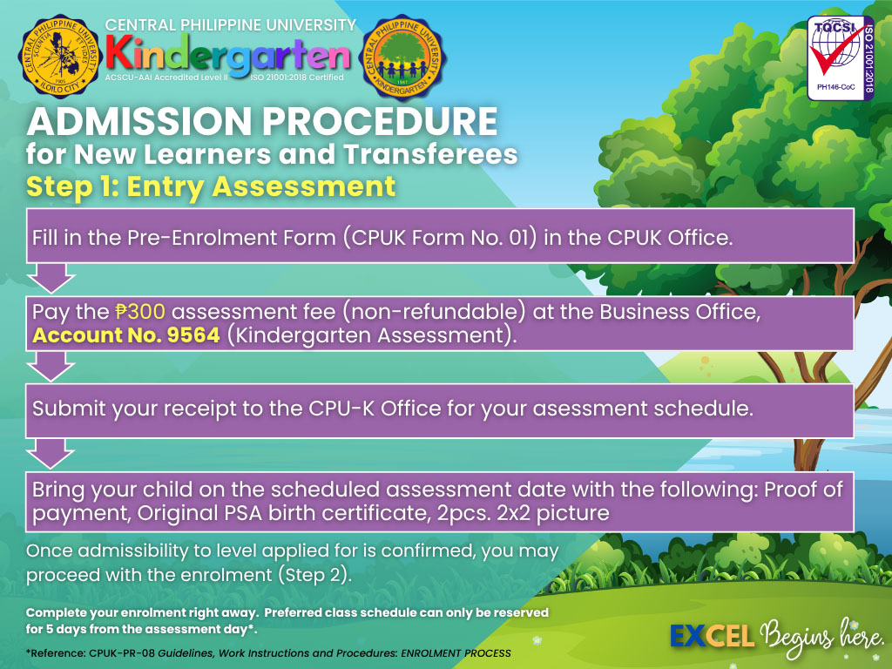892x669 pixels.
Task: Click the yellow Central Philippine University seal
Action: pos(60,57)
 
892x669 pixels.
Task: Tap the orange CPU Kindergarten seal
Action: pos(402,57)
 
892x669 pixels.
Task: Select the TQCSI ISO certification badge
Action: pos(841,58)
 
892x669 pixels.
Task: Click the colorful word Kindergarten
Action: pos(228,54)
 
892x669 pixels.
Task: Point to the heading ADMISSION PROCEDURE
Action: pos(262,121)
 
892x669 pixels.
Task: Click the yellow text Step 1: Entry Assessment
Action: pos(211,186)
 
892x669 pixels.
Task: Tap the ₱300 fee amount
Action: pos(140,312)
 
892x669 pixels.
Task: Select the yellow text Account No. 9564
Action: pos(126,335)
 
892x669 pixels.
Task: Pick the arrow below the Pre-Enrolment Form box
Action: pos(51,278)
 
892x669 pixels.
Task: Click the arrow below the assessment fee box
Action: pos(51,366)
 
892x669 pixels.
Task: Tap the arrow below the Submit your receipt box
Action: pos(51,453)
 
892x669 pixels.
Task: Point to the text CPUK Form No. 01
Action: pos(440,238)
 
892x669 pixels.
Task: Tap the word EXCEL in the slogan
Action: pos(713,636)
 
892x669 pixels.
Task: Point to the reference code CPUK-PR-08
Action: pos(122,653)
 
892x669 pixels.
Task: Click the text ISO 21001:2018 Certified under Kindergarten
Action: pos(297,78)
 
